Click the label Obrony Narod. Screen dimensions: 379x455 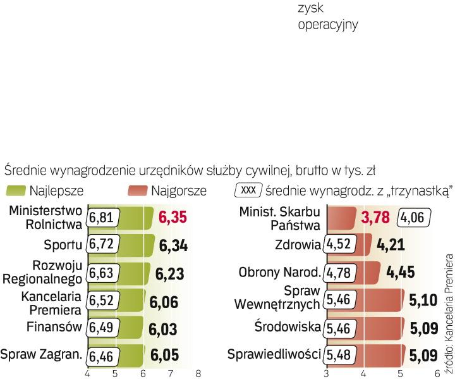pyautogui.click(x=280, y=273)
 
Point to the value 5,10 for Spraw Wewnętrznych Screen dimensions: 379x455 pyautogui.click(x=422, y=300)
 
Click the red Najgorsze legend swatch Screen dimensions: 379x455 pyautogui.click(x=137, y=190)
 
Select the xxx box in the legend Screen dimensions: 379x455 pyautogui.click(x=248, y=190)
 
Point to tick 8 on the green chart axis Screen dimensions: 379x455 pyautogui.click(x=198, y=373)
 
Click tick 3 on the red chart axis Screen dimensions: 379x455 pyautogui.click(x=326, y=373)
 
